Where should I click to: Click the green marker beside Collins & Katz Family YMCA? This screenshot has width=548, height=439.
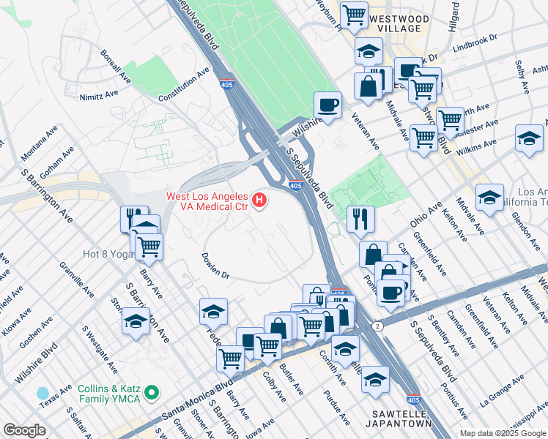pyautogui.click(x=152, y=394)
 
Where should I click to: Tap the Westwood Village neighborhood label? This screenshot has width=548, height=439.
pyautogui.click(x=395, y=23)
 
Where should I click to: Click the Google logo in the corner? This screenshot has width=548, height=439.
pyautogui.click(x=24, y=430)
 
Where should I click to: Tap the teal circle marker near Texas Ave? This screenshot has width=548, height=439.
pyautogui.click(x=43, y=394)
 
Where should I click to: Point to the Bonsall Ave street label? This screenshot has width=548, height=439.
pyautogui.click(x=119, y=67)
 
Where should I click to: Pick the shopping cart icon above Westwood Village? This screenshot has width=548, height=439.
pyautogui.click(x=355, y=14)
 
